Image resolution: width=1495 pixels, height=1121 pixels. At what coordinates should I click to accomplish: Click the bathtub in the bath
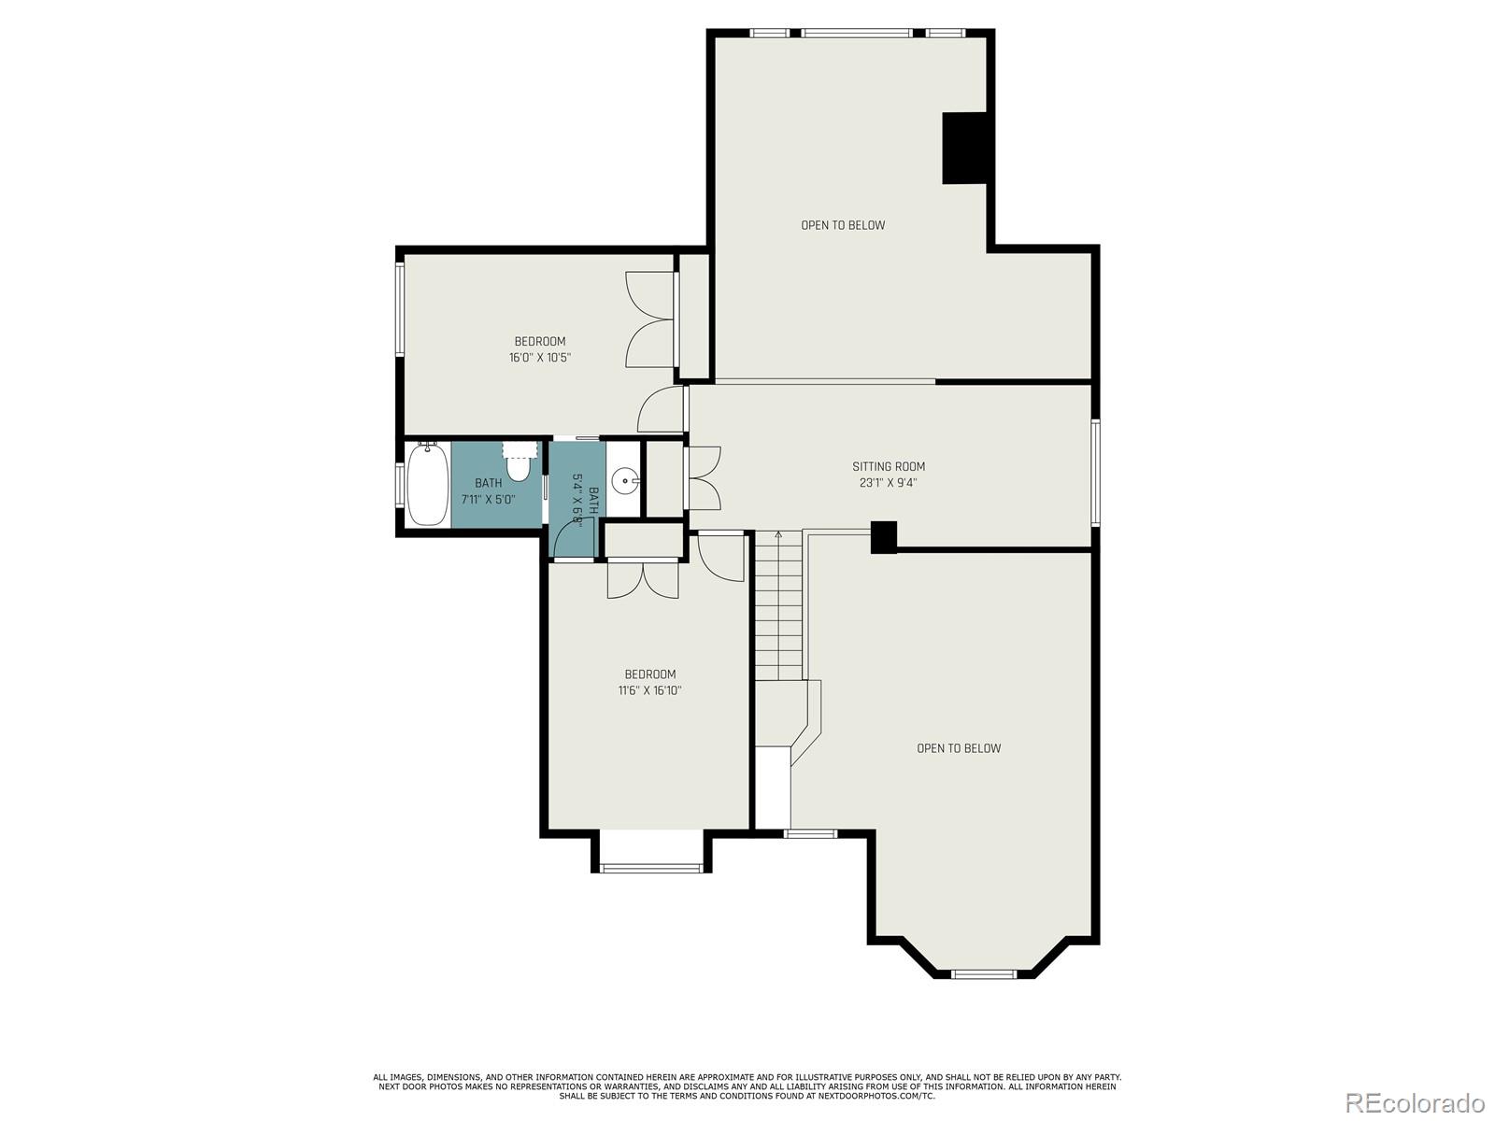[428, 483]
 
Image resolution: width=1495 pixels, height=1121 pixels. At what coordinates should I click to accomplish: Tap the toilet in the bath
[519, 462]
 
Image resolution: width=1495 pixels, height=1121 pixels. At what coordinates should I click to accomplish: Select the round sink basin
[624, 481]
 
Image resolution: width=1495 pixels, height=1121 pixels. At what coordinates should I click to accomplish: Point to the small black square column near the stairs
[884, 537]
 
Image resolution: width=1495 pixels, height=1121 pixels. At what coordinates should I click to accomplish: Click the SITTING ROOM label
[889, 467]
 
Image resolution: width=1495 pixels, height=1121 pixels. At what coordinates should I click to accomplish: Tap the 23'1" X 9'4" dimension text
[889, 483]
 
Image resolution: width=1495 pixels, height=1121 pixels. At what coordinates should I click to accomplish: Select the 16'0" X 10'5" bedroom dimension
[539, 358]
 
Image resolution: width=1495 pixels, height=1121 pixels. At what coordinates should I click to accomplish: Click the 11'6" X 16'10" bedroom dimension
[649, 690]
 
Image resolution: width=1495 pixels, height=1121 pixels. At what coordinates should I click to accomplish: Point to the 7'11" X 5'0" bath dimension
[489, 499]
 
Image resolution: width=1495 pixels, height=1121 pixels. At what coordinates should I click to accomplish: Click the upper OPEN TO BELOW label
[843, 225]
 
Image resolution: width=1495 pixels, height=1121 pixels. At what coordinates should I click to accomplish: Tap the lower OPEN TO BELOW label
[959, 748]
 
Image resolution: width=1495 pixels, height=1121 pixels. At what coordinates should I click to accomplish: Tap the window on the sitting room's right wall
[1095, 473]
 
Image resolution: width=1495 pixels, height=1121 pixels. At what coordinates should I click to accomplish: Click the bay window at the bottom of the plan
[984, 974]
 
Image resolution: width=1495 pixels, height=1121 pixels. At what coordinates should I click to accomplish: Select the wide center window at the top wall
[857, 33]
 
